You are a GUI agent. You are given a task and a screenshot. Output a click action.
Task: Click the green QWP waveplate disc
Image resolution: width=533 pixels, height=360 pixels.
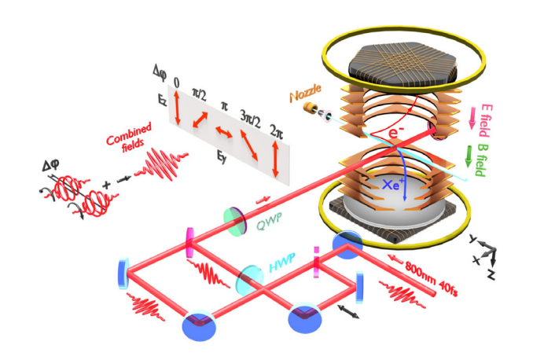click(x=236, y=222)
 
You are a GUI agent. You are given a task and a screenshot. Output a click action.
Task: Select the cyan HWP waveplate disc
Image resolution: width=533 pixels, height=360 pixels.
click(x=251, y=277)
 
